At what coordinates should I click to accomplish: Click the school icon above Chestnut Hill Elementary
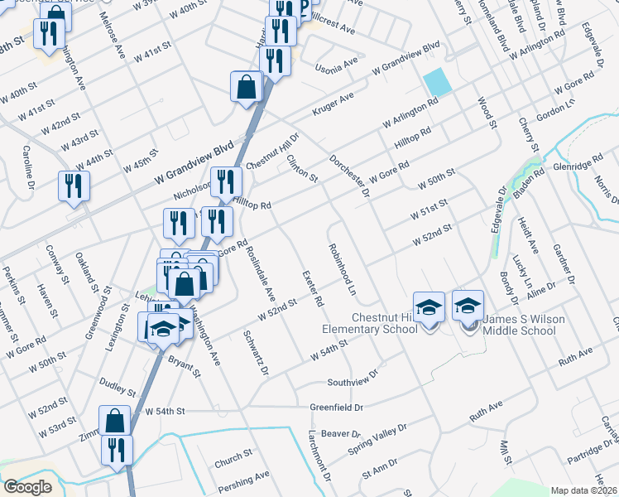pyautogui.click(x=429, y=307)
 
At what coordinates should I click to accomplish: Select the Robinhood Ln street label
pyautogui.click(x=341, y=270)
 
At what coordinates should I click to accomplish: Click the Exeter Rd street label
pyautogui.click(x=313, y=287)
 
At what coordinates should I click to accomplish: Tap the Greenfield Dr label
pyautogui.click(x=337, y=408)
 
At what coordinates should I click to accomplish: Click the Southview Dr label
pyautogui.click(x=352, y=379)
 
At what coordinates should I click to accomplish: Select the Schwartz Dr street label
pyautogui.click(x=256, y=353)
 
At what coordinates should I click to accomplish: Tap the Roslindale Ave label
pyautogui.click(x=258, y=272)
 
